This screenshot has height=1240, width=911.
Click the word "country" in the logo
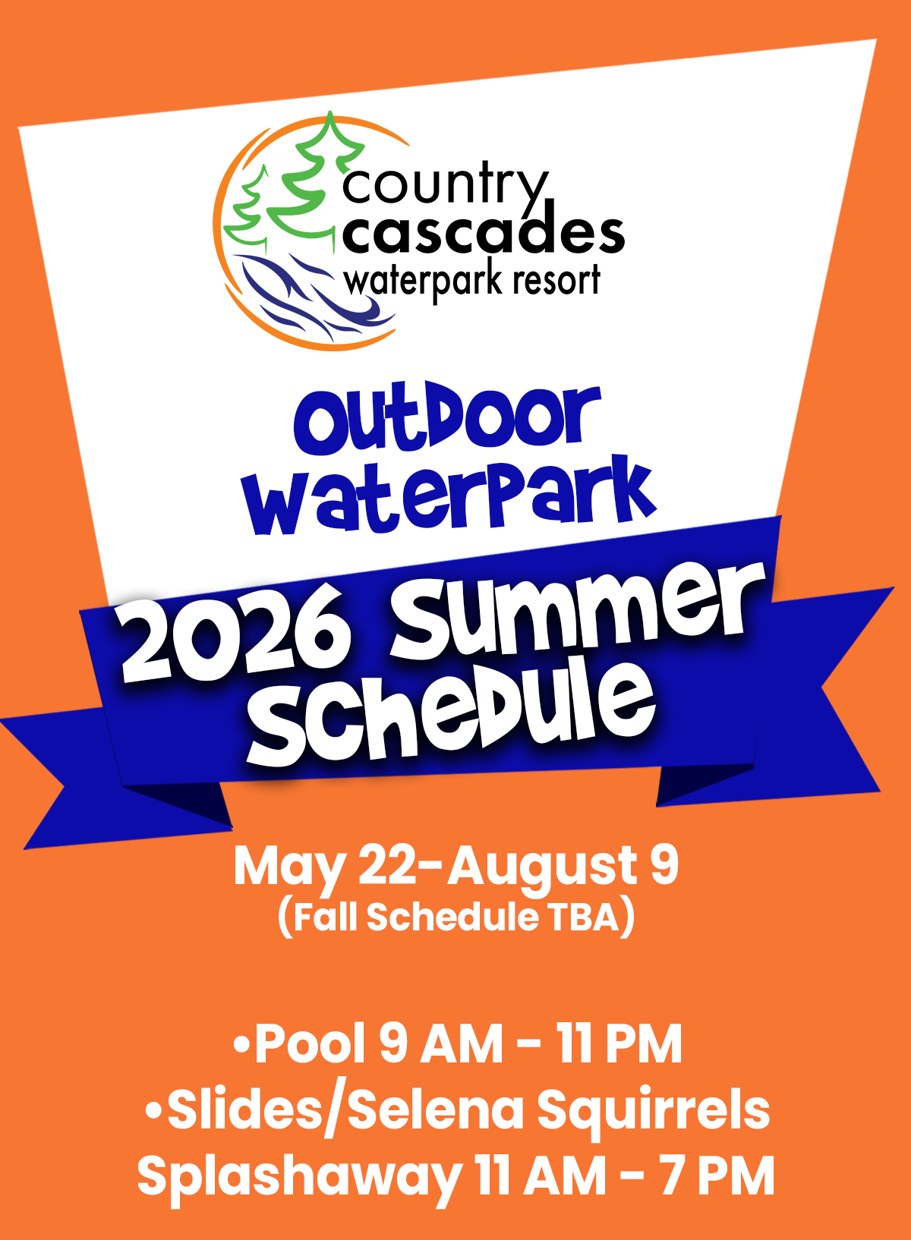446,187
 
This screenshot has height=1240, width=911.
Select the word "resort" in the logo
556,281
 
